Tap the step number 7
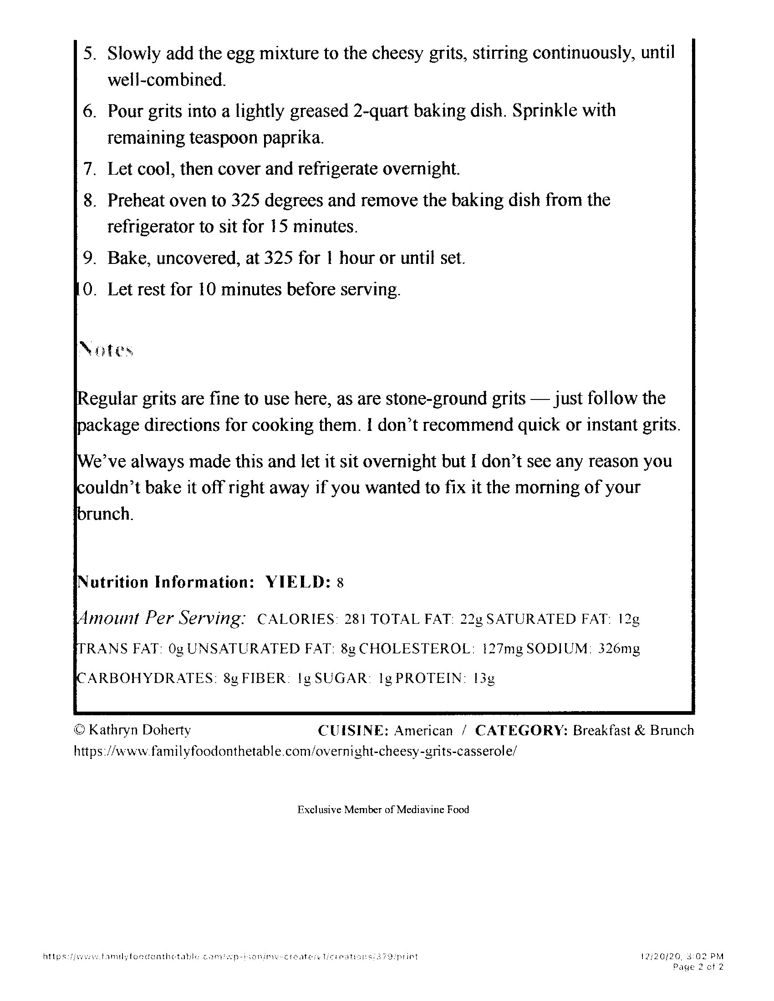coord(89,169)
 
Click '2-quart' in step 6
coord(381,111)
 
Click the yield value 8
coord(340,583)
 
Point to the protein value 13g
coord(485,678)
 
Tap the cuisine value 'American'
coord(423,730)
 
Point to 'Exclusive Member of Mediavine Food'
coord(383,809)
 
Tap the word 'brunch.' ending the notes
coord(105,514)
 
